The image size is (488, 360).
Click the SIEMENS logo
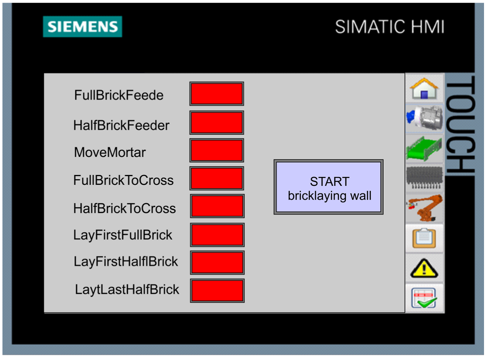pyautogui.click(x=82, y=27)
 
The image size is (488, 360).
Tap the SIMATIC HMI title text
pyautogui.click(x=389, y=27)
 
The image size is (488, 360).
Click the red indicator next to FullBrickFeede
pyautogui.click(x=216, y=94)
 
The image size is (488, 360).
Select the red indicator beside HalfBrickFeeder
pyautogui.click(x=216, y=123)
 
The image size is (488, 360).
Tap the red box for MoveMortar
pyautogui.click(x=216, y=150)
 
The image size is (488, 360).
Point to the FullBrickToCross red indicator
pyautogui.click(x=216, y=178)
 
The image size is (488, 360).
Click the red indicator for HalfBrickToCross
pyautogui.click(x=217, y=206)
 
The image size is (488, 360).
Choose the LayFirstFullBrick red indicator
pyautogui.click(x=217, y=235)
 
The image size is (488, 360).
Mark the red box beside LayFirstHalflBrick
pyautogui.click(x=217, y=263)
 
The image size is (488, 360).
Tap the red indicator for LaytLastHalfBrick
pyautogui.click(x=217, y=290)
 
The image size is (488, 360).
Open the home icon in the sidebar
pyautogui.click(x=424, y=88)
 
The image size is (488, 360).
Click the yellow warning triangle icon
pyautogui.click(x=424, y=268)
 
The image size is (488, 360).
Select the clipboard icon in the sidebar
pyautogui.click(x=424, y=238)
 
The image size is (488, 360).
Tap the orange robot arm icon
pyautogui.click(x=424, y=208)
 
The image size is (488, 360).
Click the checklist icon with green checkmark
pyautogui.click(x=424, y=298)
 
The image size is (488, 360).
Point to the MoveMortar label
pyautogui.click(x=110, y=152)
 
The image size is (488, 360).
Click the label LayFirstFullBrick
pyautogui.click(x=123, y=235)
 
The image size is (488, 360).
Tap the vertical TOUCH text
pyautogui.click(x=460, y=125)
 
